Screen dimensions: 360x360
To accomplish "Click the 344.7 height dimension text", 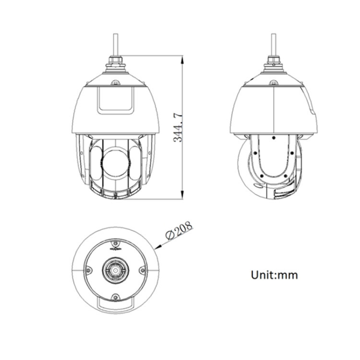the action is point(178,128).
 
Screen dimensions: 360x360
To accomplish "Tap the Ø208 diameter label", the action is point(179,230).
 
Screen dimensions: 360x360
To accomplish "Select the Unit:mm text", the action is point(275,275).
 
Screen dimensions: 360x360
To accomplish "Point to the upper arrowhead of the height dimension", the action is point(182,60).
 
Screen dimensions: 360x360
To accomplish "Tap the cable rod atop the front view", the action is point(116,44).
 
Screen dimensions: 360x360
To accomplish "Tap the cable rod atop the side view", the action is point(274,44).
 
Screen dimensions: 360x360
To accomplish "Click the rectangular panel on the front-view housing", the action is point(116,100).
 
